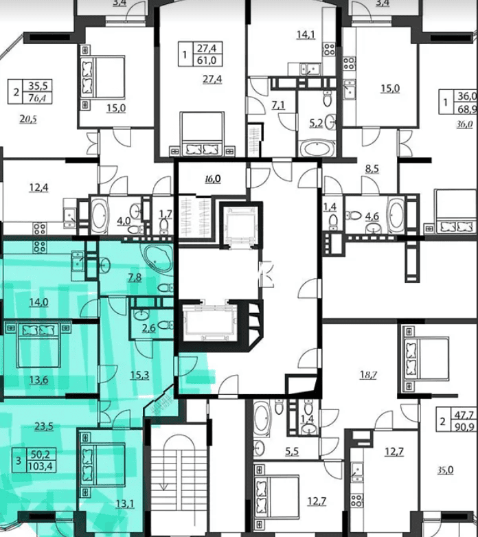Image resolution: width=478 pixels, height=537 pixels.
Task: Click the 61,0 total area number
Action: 207,60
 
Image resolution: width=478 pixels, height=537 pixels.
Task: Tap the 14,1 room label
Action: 306,34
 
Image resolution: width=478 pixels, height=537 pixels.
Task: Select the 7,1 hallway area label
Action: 278,105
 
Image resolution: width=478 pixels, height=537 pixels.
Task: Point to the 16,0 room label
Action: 213,179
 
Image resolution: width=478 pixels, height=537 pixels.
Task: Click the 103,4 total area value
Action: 41,466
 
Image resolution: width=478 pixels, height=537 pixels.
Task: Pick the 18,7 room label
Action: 368,375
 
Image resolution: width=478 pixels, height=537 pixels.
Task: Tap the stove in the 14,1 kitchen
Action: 330,49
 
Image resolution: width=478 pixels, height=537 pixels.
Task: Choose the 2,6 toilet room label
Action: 148,328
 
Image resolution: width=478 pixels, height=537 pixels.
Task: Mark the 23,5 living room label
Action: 44,426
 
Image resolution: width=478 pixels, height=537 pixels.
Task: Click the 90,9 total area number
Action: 465,427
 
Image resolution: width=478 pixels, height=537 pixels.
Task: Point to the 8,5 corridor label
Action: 372,168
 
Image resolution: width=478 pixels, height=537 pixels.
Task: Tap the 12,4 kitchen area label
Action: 38,187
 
